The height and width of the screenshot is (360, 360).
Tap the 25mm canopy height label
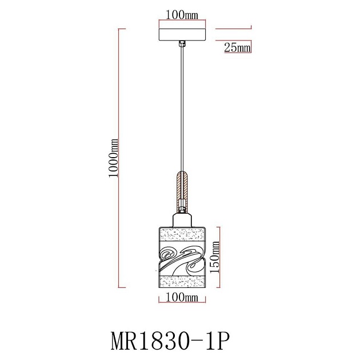[x=237, y=49]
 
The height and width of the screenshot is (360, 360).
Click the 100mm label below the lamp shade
[x=181, y=297]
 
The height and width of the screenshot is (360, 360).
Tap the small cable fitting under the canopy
[x=182, y=43]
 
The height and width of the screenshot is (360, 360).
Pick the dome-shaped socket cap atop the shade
[x=182, y=219]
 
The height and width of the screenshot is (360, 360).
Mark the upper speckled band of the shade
[x=182, y=234]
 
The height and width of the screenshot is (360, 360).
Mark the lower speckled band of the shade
[x=182, y=281]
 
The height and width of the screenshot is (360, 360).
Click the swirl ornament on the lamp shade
[x=182, y=257]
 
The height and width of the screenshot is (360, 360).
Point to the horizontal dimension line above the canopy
[x=182, y=19]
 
